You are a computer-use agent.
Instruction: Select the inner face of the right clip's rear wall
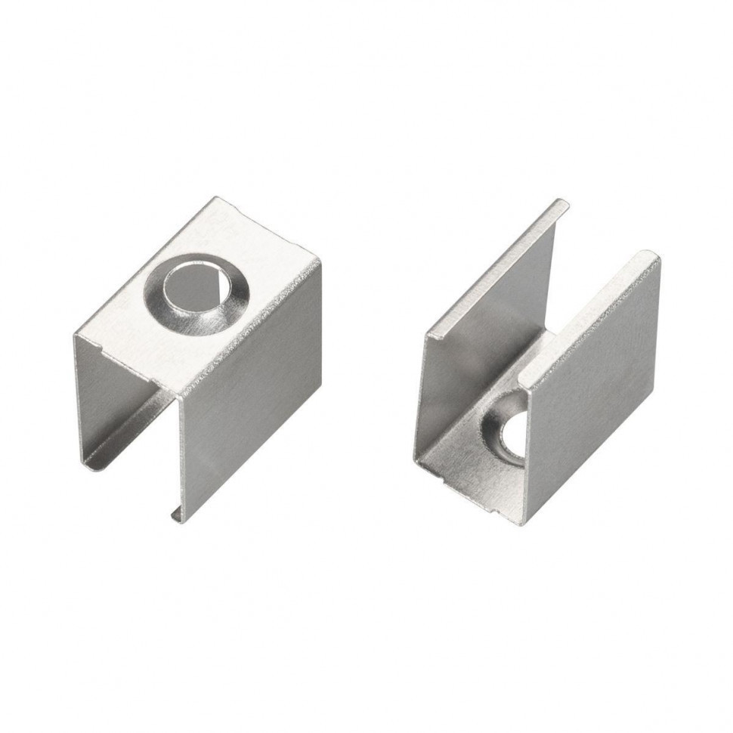point(491,317)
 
